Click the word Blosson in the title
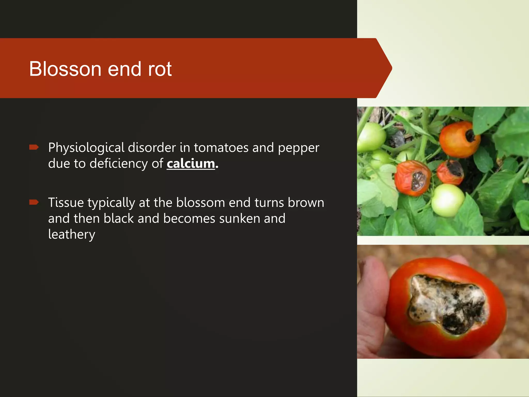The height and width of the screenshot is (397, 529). point(65,69)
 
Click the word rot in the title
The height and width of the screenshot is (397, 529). point(160,70)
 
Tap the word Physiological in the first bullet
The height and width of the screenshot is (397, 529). point(86,148)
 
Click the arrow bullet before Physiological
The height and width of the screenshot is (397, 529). point(34,147)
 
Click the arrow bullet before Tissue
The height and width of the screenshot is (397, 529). point(34,202)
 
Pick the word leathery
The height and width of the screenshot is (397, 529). point(72,235)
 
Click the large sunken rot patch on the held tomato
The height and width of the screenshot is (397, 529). point(447,304)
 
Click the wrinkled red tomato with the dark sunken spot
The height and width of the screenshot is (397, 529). point(412,178)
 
